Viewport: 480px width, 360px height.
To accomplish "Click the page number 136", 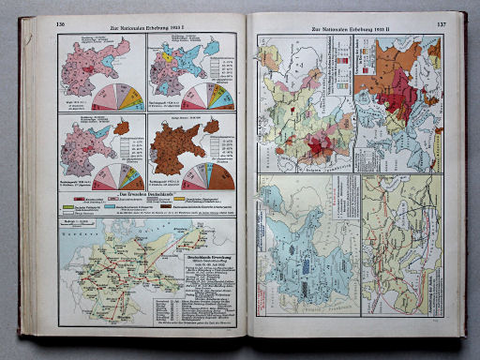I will (61, 24).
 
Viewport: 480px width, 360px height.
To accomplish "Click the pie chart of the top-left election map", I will (116, 95).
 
